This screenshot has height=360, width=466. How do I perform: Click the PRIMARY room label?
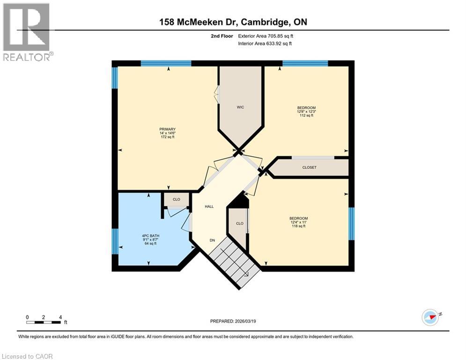click(x=167, y=129)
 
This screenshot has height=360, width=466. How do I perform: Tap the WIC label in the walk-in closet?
click(x=240, y=107)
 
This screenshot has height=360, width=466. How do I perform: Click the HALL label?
click(x=209, y=206)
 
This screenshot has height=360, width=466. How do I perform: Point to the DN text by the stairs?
click(x=212, y=240)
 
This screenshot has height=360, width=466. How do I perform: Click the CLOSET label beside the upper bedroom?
click(x=309, y=167)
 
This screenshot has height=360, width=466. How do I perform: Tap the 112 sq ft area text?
click(x=306, y=115)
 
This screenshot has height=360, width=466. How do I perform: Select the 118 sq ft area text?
click(x=298, y=226)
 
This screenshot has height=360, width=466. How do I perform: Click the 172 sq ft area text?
click(x=167, y=137)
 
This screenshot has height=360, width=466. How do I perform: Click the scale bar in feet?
click(x=44, y=322)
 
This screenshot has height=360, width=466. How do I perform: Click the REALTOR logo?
click(x=27, y=32)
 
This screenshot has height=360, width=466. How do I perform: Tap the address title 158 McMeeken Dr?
click(x=232, y=22)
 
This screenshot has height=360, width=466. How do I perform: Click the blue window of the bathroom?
click(x=114, y=241)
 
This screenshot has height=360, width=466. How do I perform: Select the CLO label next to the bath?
click(x=176, y=199)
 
